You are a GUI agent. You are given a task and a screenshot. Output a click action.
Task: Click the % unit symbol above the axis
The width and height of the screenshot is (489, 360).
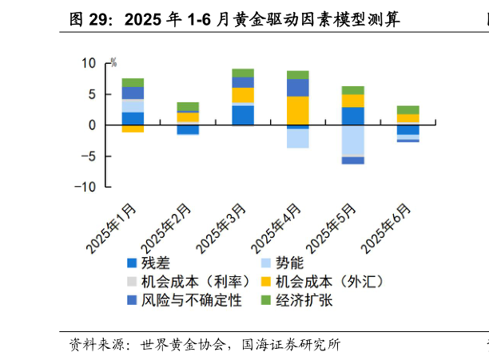pos(113,62)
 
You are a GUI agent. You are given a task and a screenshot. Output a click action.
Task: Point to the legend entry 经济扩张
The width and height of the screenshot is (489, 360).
pos(303,301)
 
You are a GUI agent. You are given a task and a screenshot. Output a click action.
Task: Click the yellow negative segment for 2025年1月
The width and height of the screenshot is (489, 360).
pos(133,129)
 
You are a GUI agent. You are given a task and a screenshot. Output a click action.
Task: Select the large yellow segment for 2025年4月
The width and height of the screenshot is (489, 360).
pos(298,110)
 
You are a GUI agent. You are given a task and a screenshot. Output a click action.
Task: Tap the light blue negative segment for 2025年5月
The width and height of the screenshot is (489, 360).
pos(353,140)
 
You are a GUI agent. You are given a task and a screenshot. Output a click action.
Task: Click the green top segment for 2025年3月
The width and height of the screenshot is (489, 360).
pos(243,73)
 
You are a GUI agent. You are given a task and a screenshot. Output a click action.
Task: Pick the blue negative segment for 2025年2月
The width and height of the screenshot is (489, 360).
pos(188,129)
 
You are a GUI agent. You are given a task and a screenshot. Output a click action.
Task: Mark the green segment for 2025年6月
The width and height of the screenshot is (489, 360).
pos(408,110)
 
